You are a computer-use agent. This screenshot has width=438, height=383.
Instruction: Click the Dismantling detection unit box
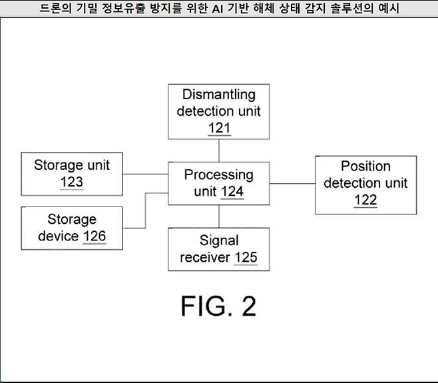click(x=218, y=111)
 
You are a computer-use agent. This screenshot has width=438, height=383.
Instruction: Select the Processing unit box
click(x=218, y=183)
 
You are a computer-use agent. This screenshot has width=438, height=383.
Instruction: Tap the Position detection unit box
click(x=365, y=184)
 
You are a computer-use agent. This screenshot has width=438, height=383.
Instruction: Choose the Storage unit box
click(x=72, y=174)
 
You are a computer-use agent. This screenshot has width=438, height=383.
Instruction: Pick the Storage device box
click(x=72, y=227)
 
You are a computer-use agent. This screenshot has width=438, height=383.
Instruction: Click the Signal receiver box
click(x=218, y=249)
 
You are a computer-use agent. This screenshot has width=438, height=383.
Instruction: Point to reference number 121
click(x=218, y=127)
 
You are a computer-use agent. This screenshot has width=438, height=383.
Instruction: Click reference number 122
click(x=365, y=200)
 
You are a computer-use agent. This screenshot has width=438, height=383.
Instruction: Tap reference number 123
click(x=72, y=182)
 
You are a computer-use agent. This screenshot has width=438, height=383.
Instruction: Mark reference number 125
click(x=245, y=258)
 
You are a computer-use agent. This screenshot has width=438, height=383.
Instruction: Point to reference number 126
click(x=94, y=236)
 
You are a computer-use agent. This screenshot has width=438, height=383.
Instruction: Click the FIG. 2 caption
click(x=218, y=306)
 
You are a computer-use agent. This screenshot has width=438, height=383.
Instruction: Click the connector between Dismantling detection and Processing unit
click(x=218, y=150)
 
